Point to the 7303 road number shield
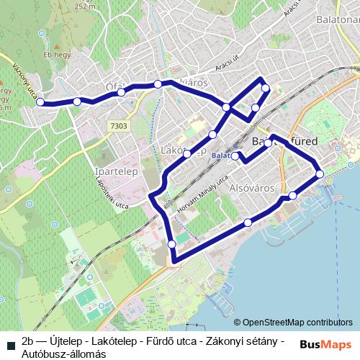(119, 126)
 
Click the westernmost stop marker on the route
(40, 102)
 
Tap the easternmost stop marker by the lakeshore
(320, 174)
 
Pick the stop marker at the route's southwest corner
(171, 245)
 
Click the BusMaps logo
(326, 343)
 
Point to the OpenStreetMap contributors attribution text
(294, 323)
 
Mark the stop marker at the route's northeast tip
(266, 89)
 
